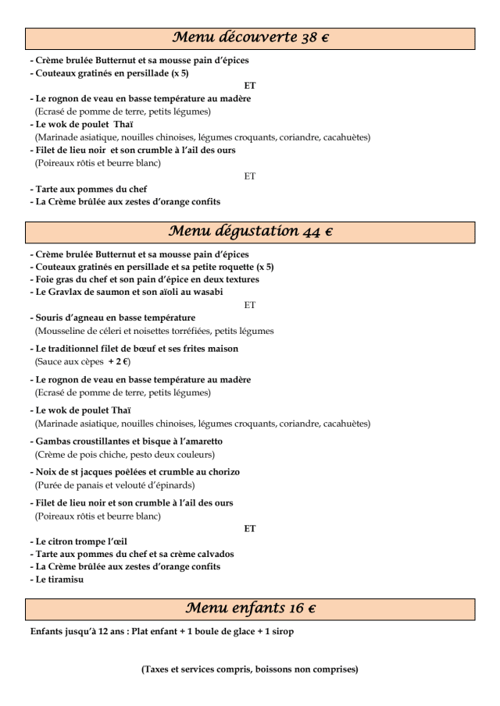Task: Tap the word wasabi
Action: click(206, 292)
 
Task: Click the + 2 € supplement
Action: click(119, 362)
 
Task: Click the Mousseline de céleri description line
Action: click(154, 331)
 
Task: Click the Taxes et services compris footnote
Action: click(249, 669)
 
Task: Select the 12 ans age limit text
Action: click(98, 631)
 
